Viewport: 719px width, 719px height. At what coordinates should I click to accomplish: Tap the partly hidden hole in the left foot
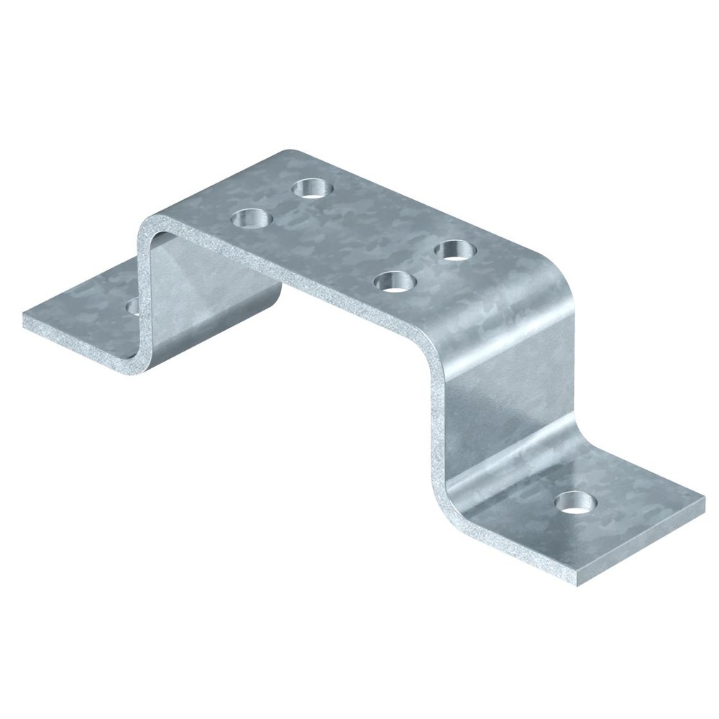point(133,306)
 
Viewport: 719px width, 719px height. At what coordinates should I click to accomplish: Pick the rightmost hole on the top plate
point(456,249)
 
